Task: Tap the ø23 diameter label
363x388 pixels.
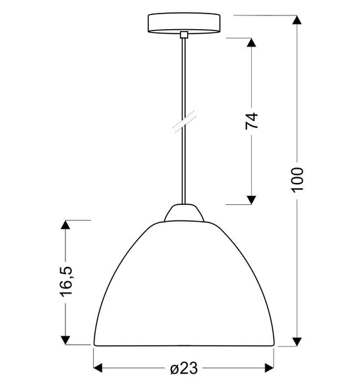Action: [183, 369]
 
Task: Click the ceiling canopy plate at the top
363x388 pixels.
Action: [183, 23]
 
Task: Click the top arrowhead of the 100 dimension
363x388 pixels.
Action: [297, 21]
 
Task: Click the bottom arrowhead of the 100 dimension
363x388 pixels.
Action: [297, 340]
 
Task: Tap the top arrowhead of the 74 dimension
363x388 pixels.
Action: [252, 44]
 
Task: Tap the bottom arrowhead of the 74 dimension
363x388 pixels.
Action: [252, 199]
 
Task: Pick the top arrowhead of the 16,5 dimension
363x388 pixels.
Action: [65, 225]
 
